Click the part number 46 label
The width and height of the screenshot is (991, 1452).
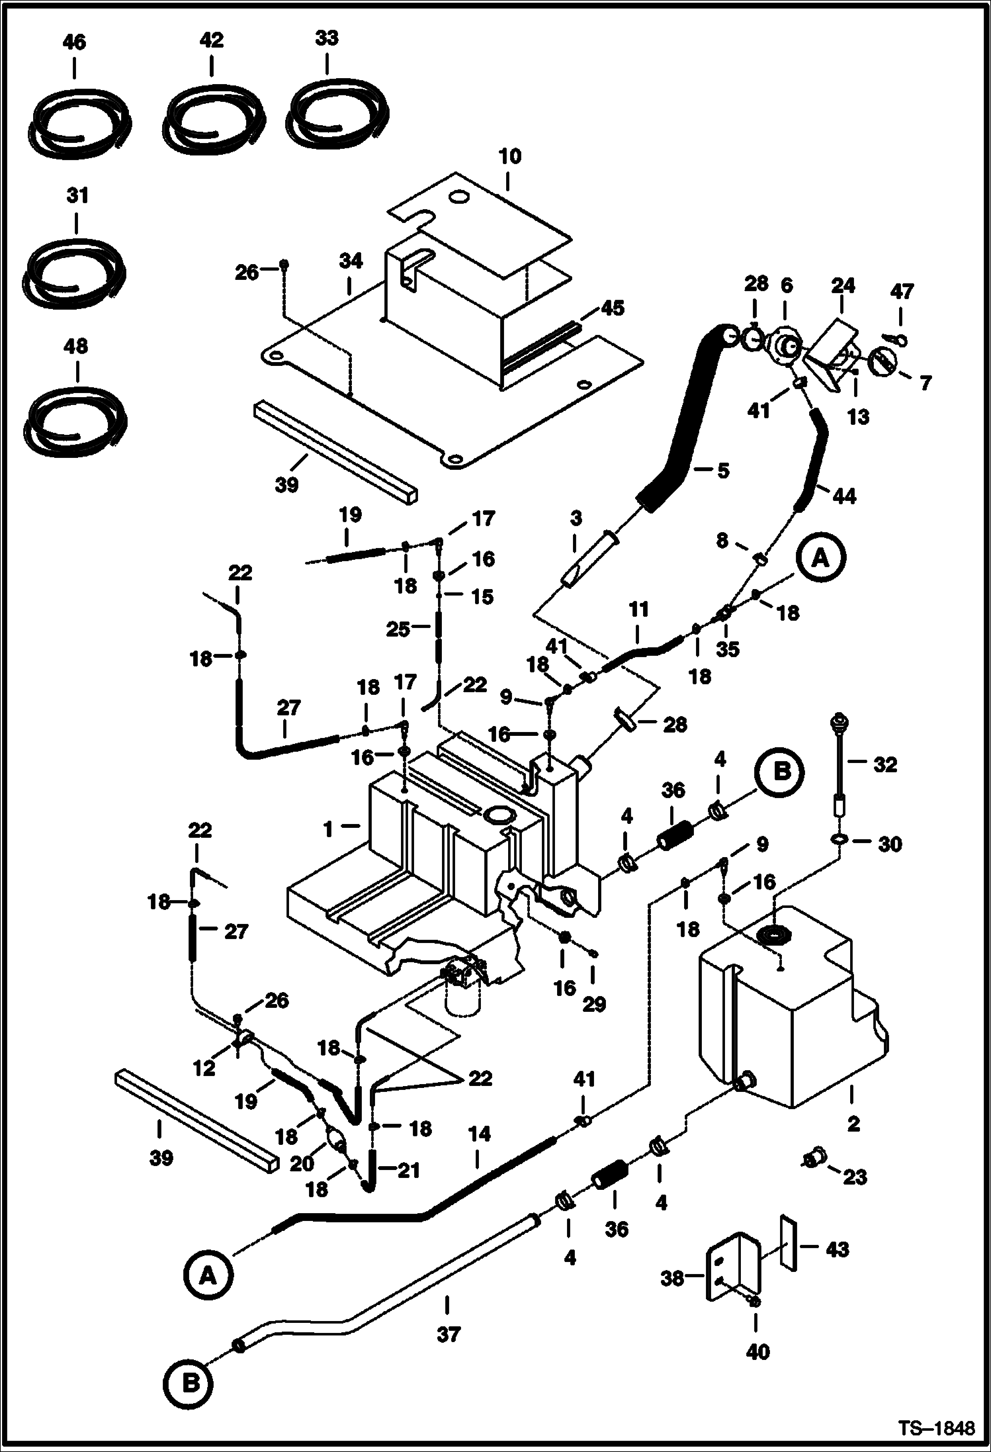tap(74, 43)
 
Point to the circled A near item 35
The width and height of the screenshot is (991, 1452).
tap(820, 559)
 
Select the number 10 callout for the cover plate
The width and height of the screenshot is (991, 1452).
tap(510, 157)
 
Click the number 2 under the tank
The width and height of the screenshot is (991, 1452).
tap(853, 1123)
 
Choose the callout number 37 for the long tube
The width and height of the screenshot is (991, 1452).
tap(448, 1335)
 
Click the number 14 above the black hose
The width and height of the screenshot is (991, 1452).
tap(479, 1134)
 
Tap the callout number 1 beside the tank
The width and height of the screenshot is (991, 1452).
tap(328, 829)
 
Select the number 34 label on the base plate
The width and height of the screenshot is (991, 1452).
tap(351, 262)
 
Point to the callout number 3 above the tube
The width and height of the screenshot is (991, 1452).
tap(576, 519)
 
